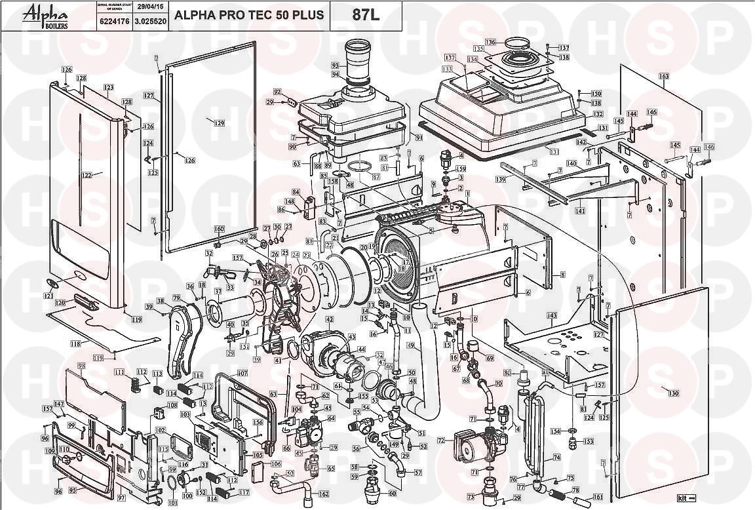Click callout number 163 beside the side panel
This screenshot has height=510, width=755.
coord(663,77)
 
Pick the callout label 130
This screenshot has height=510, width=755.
coord(673,393)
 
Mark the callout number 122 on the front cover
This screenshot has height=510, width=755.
coord(87,175)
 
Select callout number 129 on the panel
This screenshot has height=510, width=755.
coord(219,123)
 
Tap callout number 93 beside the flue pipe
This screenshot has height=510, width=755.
coord(335,66)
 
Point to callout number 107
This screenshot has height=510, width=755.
coord(242,374)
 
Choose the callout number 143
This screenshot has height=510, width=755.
coord(552,315)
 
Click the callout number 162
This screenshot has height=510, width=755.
coord(324,494)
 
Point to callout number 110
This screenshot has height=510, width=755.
coord(64,450)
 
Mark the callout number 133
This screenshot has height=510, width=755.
coord(448,69)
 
